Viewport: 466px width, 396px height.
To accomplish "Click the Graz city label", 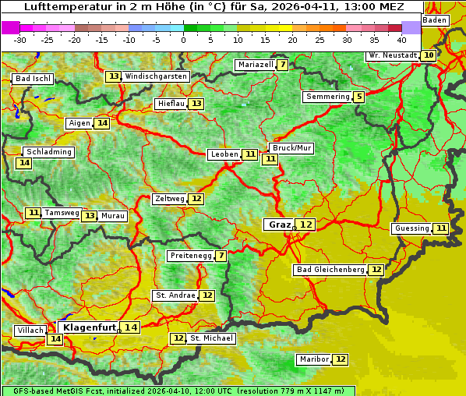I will point(278,225).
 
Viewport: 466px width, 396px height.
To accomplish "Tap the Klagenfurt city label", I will point(89,327).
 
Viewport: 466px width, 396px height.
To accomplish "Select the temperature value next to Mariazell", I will point(282,65).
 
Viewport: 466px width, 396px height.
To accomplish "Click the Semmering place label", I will point(327,97).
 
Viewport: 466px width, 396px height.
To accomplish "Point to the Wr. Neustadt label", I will point(392,55).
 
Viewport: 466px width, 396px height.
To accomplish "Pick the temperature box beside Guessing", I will point(441,228).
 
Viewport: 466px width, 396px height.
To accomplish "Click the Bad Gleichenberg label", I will point(330,270).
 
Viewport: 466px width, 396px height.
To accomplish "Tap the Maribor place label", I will point(312,359).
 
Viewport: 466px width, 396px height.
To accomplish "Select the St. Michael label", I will point(211,338).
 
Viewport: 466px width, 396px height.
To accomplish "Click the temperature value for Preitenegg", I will point(221,256).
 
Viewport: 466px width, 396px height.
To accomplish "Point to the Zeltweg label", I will point(170,199).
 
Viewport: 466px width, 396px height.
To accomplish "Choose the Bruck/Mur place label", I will point(291,148).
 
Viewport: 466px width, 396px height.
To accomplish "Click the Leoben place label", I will point(224,154).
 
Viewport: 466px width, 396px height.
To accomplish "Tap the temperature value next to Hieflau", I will point(196,104).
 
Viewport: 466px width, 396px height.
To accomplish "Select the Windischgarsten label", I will point(156,76).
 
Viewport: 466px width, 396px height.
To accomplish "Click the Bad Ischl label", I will point(33,79).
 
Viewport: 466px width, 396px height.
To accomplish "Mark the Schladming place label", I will point(48,152).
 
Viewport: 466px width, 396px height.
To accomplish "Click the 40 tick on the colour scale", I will point(401,40).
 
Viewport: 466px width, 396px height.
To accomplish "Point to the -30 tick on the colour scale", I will point(20,40).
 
